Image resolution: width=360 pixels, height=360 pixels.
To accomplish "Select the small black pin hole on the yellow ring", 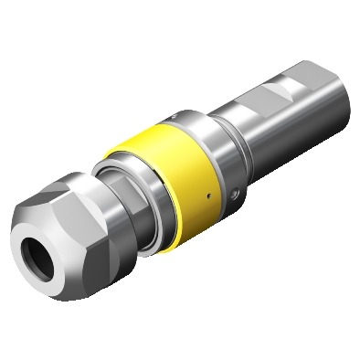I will pyautogui.click(x=208, y=196).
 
